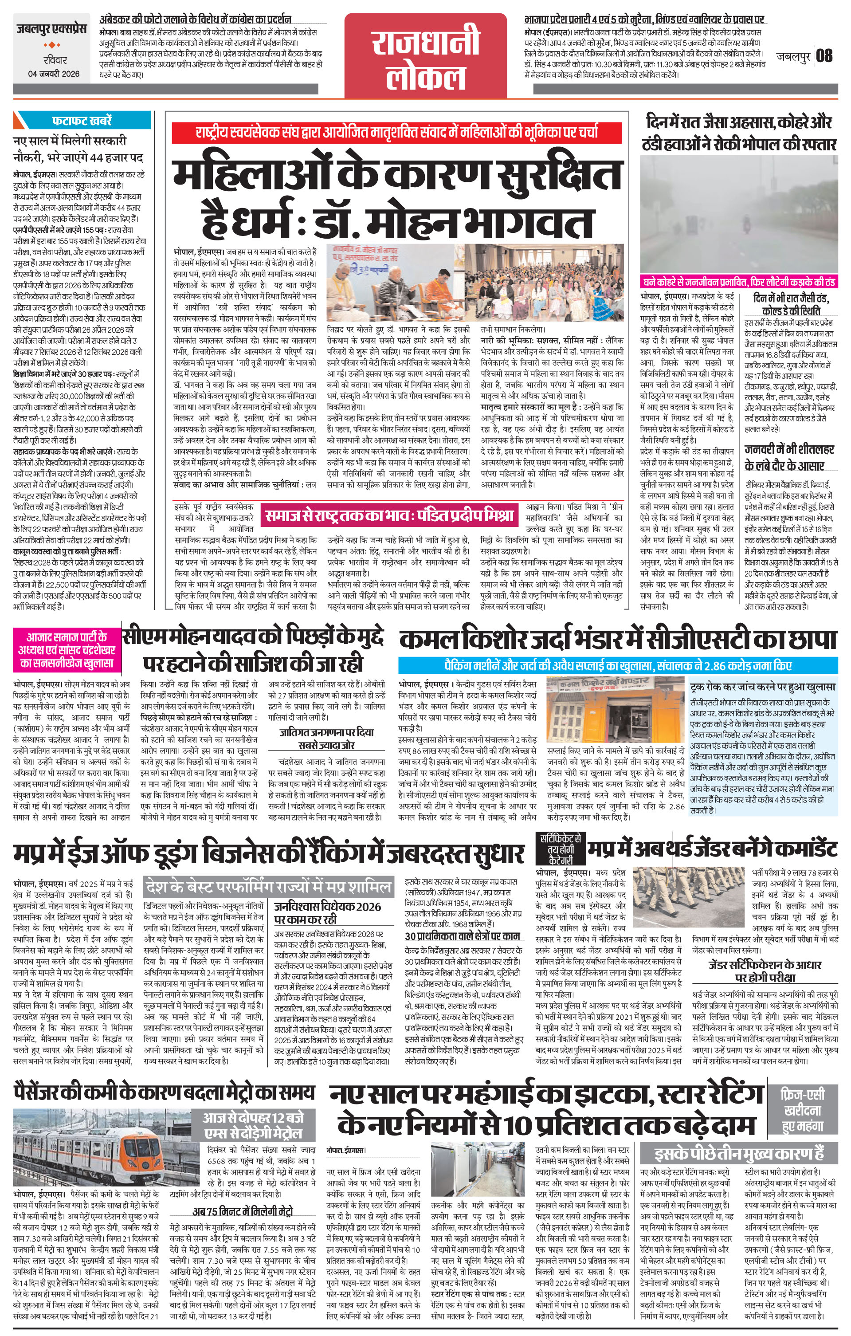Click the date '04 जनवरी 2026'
(x=54, y=74)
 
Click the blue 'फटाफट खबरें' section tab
(x=82, y=119)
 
